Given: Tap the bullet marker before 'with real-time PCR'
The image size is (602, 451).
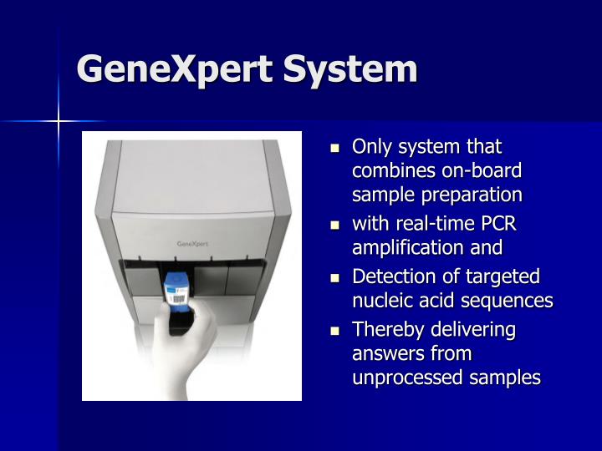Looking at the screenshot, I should point(336,225).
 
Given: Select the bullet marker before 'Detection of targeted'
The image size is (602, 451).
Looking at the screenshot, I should point(336,277).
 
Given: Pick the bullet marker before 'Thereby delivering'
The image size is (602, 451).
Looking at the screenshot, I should point(336,330).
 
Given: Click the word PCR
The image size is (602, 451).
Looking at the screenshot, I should point(497,224).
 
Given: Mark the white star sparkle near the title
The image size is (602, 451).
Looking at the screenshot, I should point(59,122).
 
